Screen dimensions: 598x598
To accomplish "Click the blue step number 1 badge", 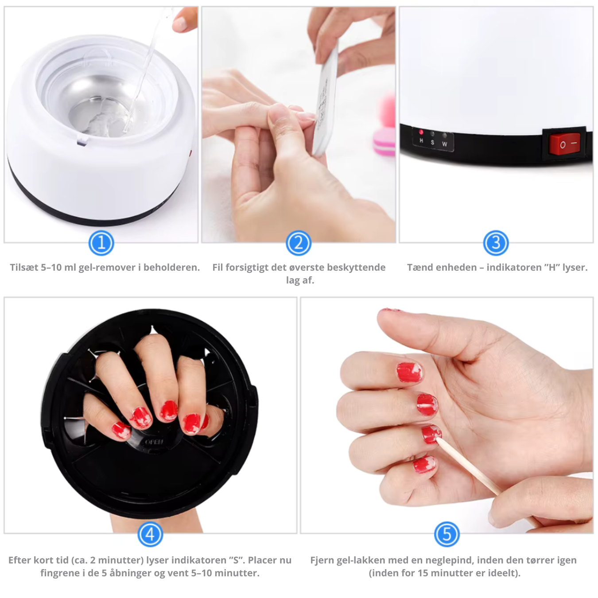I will pos(101,243).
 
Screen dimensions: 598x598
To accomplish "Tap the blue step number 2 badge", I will pos(299,243).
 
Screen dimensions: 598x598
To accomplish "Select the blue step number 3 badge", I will pos(496,243).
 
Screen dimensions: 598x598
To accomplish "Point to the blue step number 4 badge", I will pos(150,534).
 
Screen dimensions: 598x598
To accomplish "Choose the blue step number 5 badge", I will pos(447,534).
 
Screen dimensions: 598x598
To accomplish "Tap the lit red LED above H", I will pos(421,132).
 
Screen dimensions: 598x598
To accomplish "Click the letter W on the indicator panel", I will pos(445,144).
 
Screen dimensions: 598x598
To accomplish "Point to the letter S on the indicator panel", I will pos(433,142).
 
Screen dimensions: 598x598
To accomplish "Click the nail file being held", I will pos(326,102).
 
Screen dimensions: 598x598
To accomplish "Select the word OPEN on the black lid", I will pos(154,442).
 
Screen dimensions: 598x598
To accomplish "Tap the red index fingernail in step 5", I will pos(409,373).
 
